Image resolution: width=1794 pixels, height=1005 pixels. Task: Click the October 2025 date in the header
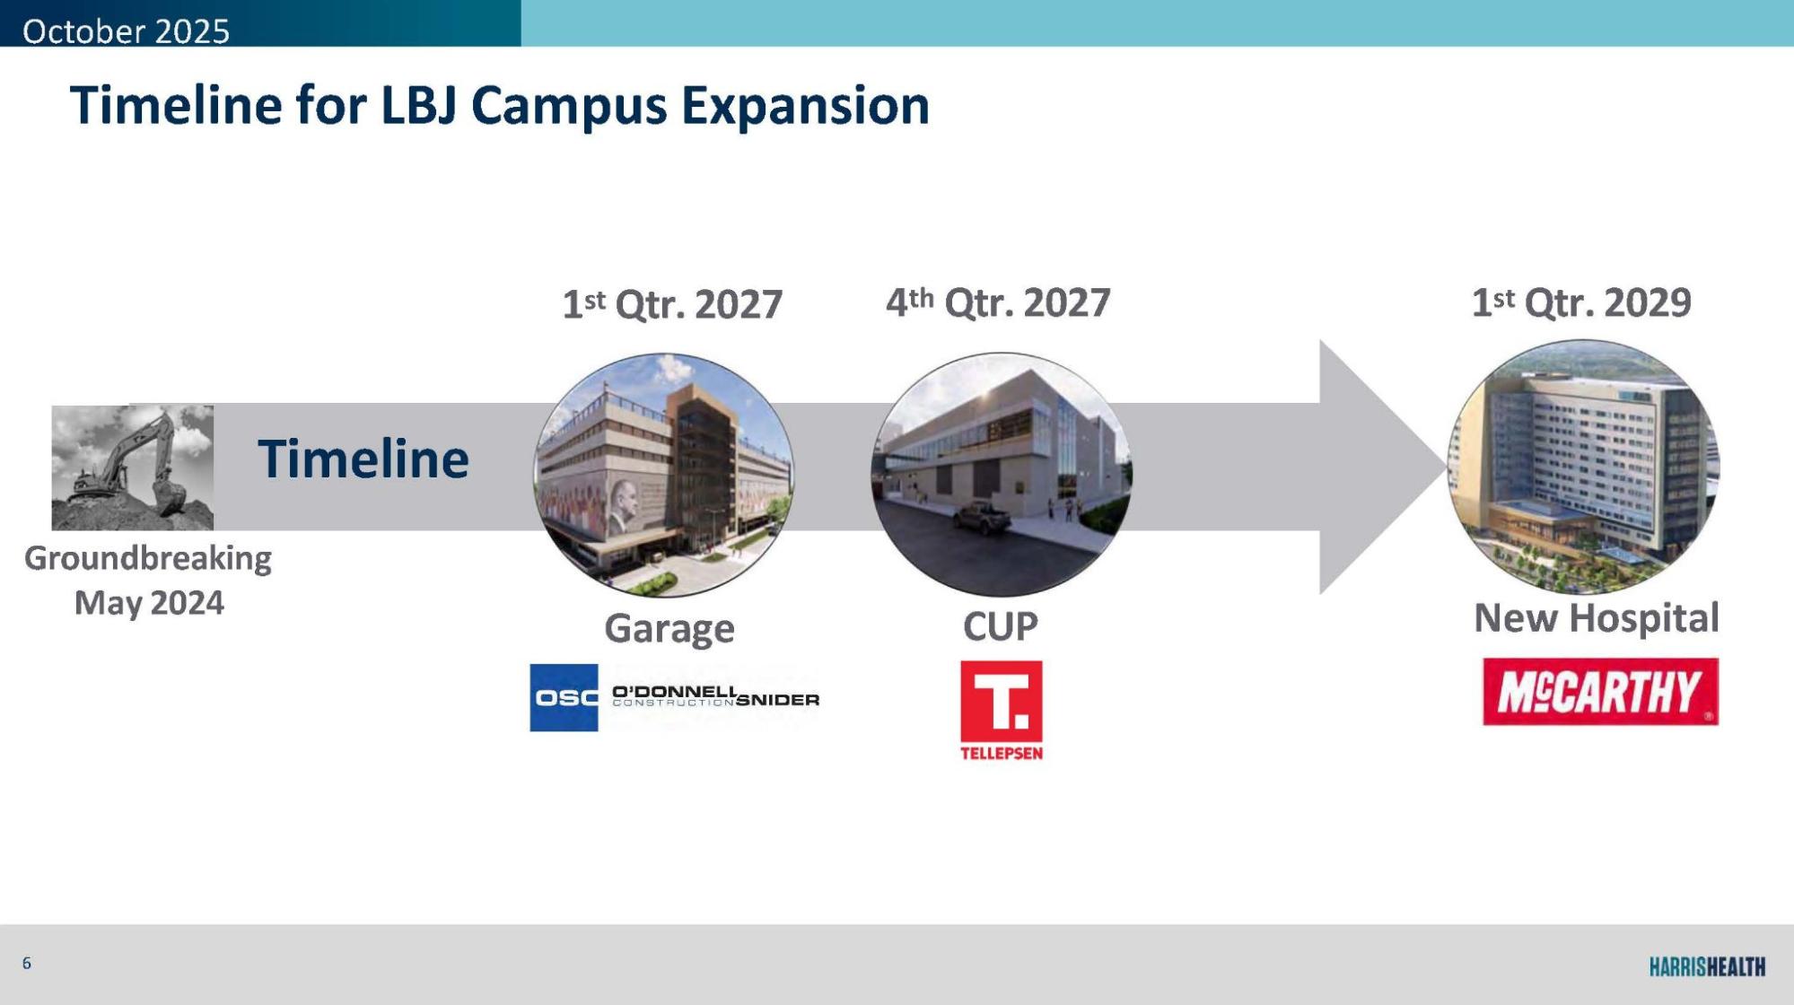pos(126,31)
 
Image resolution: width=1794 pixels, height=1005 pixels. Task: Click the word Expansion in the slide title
pos(805,107)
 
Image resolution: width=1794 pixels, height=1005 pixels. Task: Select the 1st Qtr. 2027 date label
pos(672,304)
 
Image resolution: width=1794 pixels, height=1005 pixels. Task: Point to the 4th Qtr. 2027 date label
pos(998,302)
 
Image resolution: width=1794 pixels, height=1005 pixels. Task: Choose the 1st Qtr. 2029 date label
pos(1581,302)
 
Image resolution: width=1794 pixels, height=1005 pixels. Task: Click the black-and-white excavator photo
pos(133,467)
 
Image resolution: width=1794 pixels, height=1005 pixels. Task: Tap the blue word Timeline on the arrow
pos(363,459)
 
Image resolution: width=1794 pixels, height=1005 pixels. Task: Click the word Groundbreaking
pos(148,559)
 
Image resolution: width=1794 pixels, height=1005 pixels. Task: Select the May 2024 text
pos(149,603)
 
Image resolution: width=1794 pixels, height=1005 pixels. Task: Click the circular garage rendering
pos(664,475)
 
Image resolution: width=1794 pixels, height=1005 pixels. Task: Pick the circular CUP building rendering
pos(1002,474)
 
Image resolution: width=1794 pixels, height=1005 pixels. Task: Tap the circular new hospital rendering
pos(1583,467)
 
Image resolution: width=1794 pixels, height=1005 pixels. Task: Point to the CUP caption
pos(1001,626)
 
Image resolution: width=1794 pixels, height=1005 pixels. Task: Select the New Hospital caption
pos(1597,618)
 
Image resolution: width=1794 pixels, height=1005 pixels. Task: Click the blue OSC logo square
pos(564,698)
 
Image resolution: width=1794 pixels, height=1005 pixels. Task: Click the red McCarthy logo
pos(1600,692)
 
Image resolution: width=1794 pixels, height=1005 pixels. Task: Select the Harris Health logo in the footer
pos(1707,966)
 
